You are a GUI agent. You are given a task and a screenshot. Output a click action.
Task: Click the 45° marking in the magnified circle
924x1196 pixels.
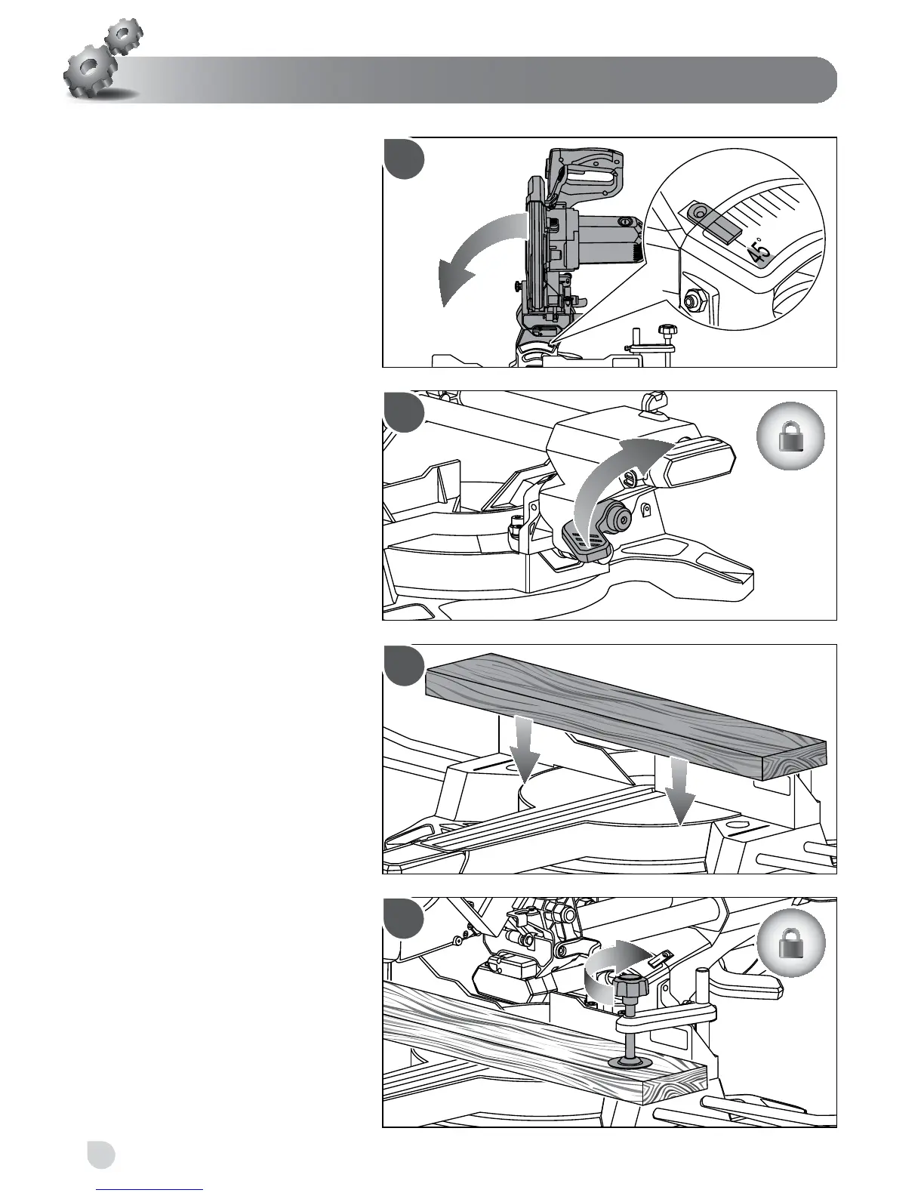pyautogui.click(x=760, y=250)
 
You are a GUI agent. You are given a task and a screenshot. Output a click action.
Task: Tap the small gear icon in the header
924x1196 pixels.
pyautogui.click(x=123, y=34)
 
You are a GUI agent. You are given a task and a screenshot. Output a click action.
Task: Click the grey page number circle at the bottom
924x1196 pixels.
pyautogui.click(x=100, y=1154)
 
